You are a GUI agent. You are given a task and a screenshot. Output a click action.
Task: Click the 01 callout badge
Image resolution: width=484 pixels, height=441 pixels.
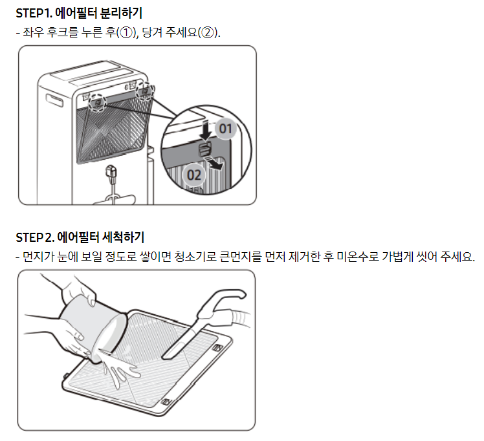[x=226, y=129]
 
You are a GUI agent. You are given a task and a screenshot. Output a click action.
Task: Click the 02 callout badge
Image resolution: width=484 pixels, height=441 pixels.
[x=194, y=175]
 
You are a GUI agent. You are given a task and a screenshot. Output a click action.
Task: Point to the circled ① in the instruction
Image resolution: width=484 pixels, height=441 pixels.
[x=126, y=32]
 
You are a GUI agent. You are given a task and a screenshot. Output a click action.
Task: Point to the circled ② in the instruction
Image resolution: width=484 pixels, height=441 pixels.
[x=207, y=32]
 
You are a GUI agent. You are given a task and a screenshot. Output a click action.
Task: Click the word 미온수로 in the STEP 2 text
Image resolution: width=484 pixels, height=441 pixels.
[x=357, y=256]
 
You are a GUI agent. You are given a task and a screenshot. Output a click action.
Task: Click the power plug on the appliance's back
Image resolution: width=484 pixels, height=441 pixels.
[x=111, y=174]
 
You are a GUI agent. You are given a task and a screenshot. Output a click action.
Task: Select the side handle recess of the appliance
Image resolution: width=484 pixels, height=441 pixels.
[x=54, y=100]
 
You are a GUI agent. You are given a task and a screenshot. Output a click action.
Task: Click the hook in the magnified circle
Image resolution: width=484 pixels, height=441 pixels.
[x=204, y=149]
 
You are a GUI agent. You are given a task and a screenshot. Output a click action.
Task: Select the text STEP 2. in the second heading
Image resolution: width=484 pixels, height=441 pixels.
[x=35, y=237]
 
